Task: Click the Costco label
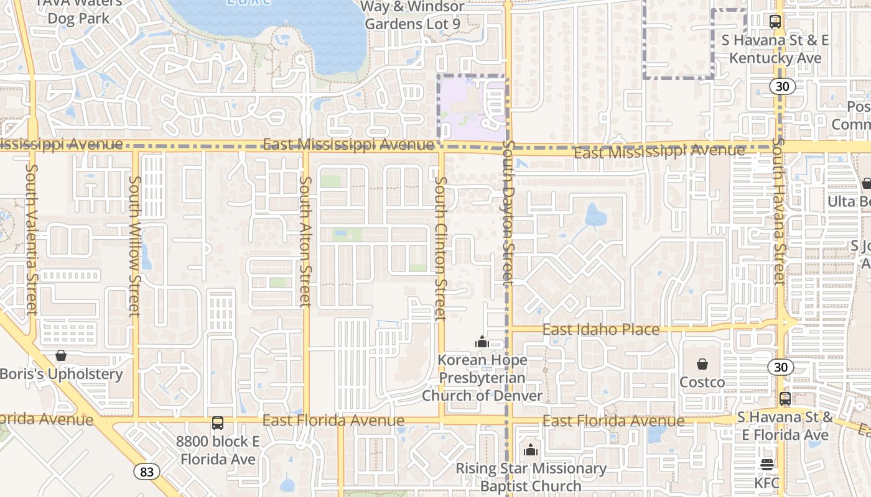(x=702, y=382)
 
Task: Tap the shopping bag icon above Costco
(x=702, y=364)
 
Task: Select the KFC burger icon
(x=766, y=465)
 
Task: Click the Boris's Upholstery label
(x=62, y=374)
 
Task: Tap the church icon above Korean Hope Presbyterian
(x=482, y=342)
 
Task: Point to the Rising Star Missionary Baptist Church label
(x=531, y=476)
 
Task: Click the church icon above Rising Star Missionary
(x=531, y=450)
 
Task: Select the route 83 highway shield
(x=146, y=472)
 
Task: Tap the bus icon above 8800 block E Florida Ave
(x=217, y=423)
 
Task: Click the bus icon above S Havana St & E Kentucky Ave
(x=775, y=22)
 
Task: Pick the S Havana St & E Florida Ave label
(x=784, y=426)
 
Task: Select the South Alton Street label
(x=305, y=242)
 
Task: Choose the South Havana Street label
(x=778, y=211)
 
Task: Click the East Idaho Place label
(x=601, y=329)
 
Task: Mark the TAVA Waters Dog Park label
(x=79, y=11)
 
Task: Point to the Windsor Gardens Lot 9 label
(x=412, y=16)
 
